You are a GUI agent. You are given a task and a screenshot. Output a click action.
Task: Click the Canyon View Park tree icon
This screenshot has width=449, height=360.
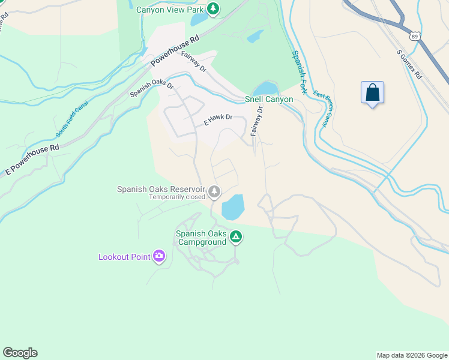pyautogui.click(x=212, y=8)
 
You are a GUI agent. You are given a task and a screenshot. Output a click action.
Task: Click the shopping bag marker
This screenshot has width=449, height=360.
pyautogui.click(x=372, y=93)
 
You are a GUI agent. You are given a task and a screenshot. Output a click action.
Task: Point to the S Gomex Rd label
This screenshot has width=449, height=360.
pyautogui.click(x=410, y=64)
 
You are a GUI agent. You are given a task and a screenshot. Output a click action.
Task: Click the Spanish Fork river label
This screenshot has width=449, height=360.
pyautogui.click(x=300, y=73)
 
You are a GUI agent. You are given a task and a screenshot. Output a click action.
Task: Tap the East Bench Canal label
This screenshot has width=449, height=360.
pyautogui.click(x=322, y=110)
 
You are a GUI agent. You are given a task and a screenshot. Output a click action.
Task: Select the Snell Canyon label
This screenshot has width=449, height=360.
pyautogui.click(x=269, y=99)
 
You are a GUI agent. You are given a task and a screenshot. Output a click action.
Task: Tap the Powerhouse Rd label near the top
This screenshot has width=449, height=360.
pyautogui.click(x=175, y=50)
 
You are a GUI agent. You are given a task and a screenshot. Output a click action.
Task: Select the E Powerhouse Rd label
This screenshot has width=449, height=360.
pyautogui.click(x=32, y=159)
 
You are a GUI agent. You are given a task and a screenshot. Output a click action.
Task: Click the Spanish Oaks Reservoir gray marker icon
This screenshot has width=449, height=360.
pyautogui.click(x=214, y=192)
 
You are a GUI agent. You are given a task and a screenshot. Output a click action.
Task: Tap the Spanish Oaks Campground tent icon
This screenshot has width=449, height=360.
pyautogui.click(x=237, y=238)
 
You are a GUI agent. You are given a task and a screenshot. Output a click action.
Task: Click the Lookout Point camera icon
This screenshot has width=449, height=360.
pyautogui.click(x=159, y=256)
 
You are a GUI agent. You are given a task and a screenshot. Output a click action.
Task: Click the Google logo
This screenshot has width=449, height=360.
pyautogui.click(x=20, y=353)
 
